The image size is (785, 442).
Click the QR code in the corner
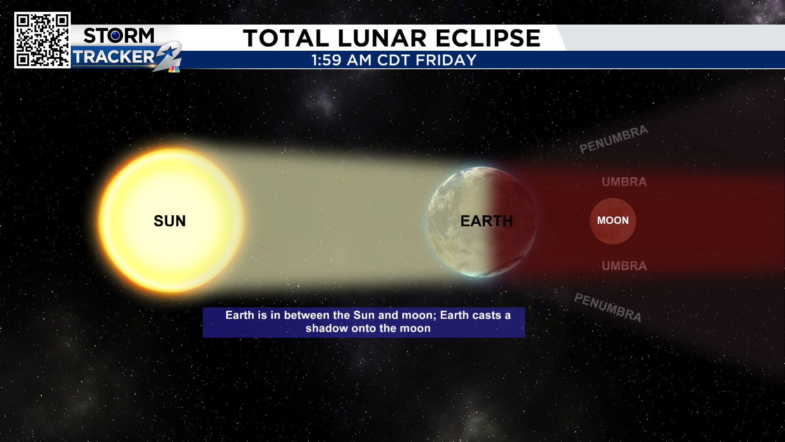(43, 40)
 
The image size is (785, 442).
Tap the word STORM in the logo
(119, 36)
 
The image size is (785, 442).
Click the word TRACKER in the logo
(114, 57)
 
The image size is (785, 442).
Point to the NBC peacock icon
(174, 69)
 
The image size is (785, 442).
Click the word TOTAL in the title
(286, 38)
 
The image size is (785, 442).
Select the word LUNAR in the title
(382, 38)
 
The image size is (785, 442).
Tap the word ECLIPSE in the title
(488, 38)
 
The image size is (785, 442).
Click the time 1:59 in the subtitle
(326, 60)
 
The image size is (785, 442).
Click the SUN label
(170, 221)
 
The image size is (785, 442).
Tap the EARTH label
(487, 221)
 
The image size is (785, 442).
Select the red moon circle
(613, 221)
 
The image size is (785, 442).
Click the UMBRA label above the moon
(624, 182)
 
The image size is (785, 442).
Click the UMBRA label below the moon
(624, 266)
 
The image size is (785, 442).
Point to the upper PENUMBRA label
(614, 139)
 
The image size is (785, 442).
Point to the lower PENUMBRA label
(608, 307)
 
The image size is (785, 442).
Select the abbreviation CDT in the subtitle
(393, 60)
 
